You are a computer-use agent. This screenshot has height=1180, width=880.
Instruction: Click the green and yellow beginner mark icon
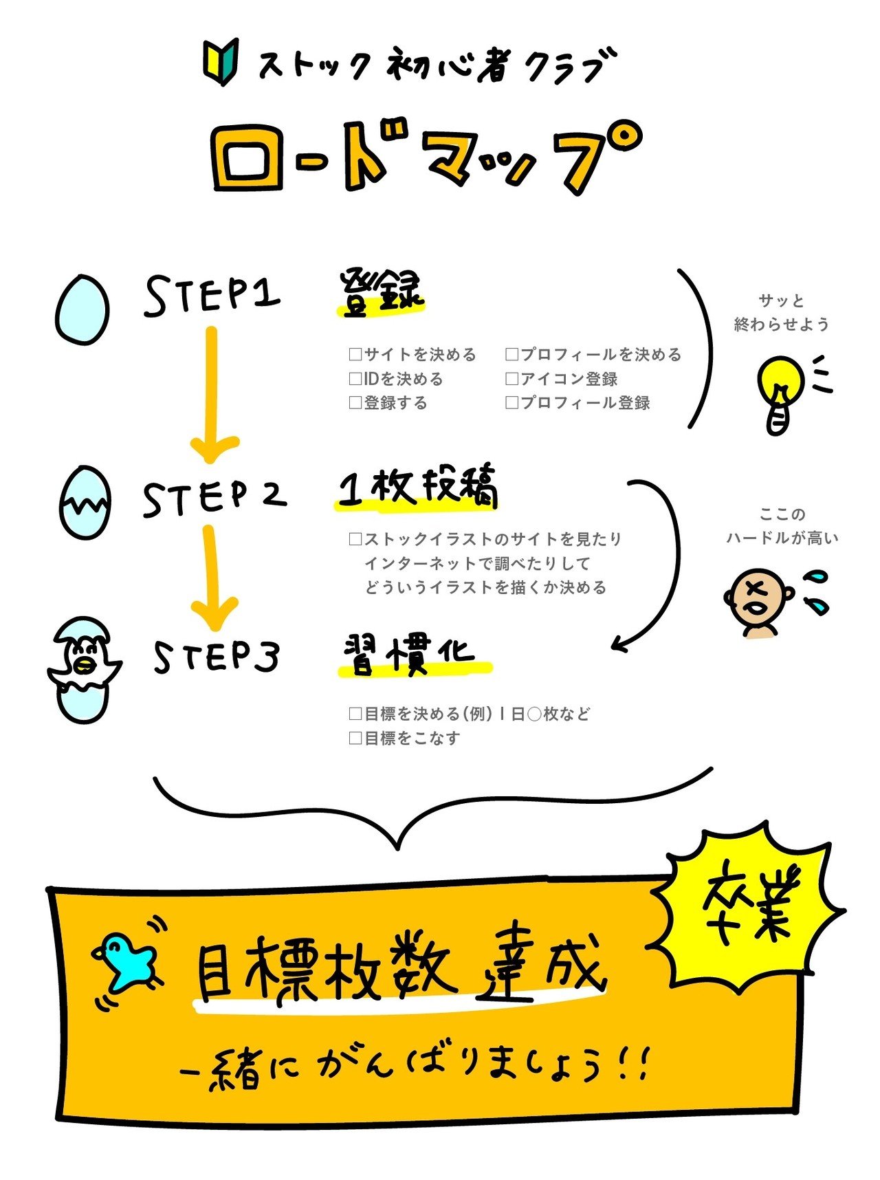click(220, 62)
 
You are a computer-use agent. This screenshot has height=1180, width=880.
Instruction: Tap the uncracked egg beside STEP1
click(82, 310)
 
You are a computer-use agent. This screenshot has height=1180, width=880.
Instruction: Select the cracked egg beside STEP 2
click(85, 503)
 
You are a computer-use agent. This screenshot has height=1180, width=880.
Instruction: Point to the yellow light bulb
click(780, 392)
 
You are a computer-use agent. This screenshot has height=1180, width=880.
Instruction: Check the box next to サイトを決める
click(355, 355)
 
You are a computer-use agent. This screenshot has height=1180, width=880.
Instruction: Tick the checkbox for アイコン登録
click(511, 379)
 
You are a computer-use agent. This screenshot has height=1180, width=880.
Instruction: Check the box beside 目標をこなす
click(355, 739)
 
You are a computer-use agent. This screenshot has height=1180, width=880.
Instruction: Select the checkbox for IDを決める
click(355, 379)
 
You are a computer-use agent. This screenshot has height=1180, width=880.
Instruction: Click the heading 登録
click(380, 294)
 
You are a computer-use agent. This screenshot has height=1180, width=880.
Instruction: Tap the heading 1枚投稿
click(417, 488)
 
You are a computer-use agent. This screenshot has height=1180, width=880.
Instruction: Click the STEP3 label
click(216, 657)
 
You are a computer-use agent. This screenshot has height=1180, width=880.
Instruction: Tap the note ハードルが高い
click(782, 538)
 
